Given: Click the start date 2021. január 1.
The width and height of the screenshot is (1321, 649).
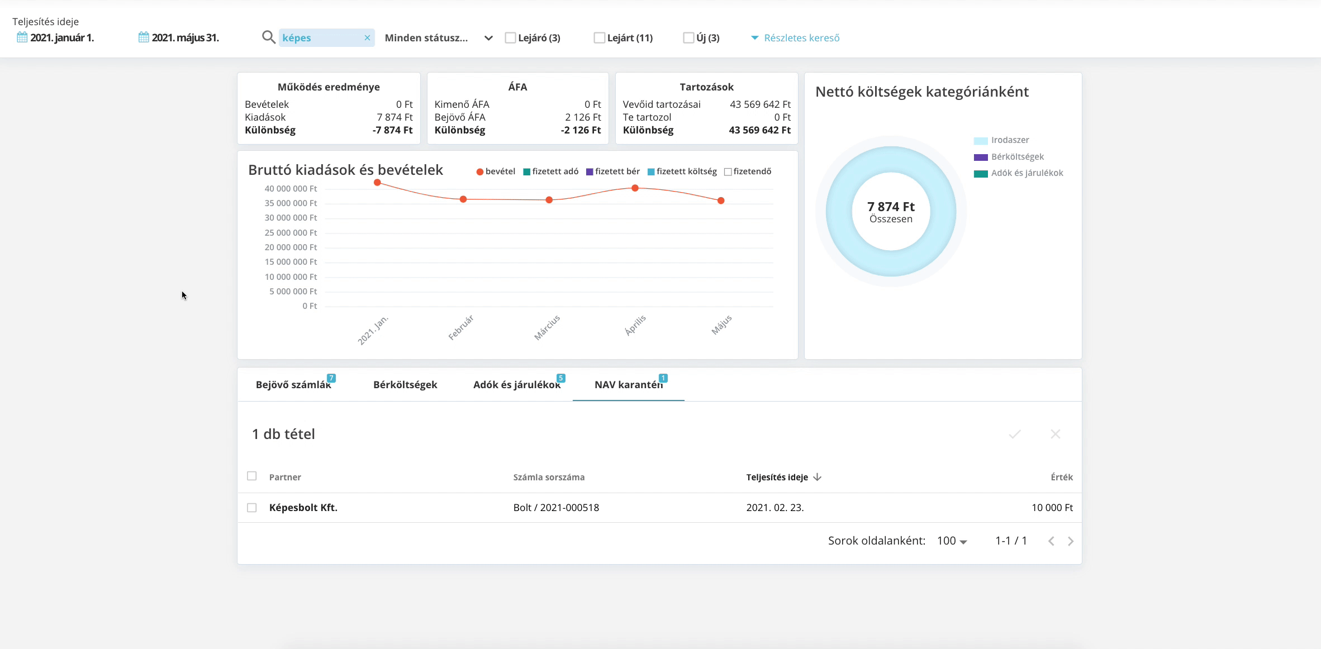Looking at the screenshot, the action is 62,38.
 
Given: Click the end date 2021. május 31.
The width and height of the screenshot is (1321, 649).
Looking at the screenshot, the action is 185,38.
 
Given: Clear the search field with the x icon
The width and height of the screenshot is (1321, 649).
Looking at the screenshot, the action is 367,38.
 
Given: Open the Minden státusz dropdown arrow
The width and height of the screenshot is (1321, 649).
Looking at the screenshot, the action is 488,38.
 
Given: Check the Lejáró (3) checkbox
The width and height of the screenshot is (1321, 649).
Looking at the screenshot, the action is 510,38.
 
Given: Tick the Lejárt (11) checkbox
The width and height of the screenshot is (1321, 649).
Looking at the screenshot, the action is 599,38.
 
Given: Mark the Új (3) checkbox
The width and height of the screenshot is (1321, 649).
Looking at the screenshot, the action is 688,38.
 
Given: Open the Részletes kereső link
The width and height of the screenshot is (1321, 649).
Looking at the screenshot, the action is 801,38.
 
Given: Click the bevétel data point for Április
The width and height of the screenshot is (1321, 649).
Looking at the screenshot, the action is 635,188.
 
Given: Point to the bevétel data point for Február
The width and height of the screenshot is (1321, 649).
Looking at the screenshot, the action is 463,199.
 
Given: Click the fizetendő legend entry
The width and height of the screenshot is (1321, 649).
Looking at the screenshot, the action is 748,171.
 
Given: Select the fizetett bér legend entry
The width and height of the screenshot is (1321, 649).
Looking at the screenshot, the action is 613,171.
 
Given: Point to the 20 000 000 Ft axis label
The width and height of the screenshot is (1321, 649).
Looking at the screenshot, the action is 291,247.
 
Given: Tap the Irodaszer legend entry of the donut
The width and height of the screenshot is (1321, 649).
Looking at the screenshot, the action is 1001,140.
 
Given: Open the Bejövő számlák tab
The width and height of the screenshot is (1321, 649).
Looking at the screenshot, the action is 293,385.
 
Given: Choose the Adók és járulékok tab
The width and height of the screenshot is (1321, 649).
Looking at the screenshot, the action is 517,385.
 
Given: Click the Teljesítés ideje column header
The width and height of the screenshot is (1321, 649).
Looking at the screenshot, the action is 777,478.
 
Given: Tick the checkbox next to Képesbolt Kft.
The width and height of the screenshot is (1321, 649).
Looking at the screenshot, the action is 252,508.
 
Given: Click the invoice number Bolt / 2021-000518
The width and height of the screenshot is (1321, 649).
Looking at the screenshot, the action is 556,508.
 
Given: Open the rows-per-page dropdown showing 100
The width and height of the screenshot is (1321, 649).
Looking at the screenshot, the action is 952,541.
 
